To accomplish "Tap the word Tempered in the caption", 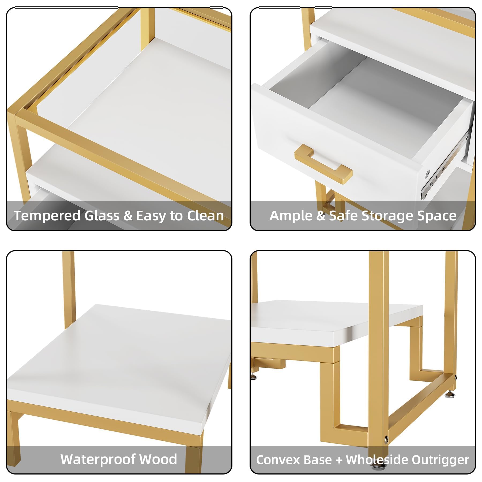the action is (47, 216).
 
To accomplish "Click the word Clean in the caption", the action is (205, 216).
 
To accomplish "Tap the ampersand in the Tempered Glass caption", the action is (128, 216).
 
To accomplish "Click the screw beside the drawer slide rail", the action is (428, 173).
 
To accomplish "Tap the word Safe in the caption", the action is (344, 216).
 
